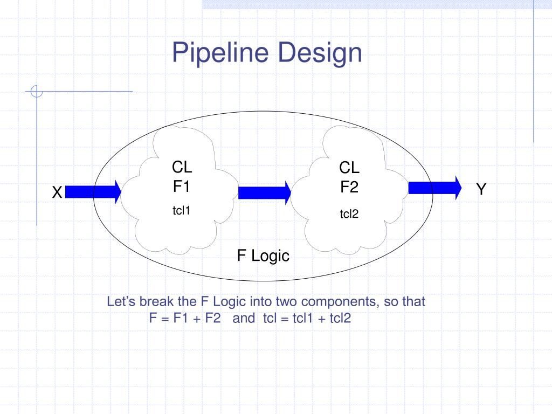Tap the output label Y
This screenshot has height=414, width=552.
tap(481, 189)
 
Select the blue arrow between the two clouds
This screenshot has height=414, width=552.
tap(265, 193)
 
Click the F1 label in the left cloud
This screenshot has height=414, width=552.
tap(182, 187)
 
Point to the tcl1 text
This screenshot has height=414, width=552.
tap(182, 210)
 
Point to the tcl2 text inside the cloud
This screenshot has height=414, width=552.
tap(349, 215)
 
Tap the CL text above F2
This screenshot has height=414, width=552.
tap(349, 168)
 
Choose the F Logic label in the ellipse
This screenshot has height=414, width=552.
tap(263, 256)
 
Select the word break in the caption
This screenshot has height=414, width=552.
tap(155, 302)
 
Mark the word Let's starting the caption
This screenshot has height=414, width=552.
tap(120, 302)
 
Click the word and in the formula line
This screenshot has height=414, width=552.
tap(244, 318)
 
